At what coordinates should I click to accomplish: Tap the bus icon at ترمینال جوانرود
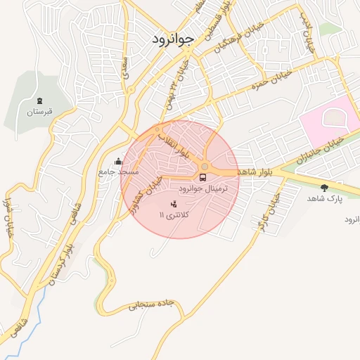click(203, 177)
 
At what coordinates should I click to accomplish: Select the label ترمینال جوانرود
click(203, 190)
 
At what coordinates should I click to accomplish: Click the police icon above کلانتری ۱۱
click(174, 204)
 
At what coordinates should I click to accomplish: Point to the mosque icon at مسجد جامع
click(118, 160)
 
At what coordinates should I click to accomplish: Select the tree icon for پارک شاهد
click(323, 188)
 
